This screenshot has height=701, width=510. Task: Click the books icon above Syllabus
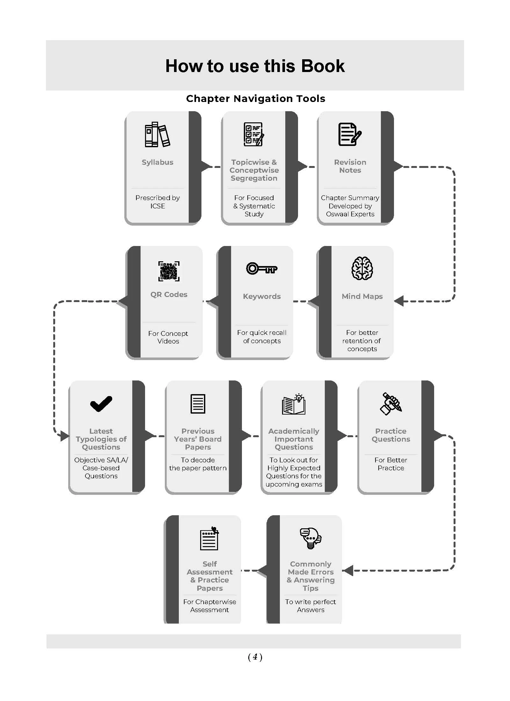157,134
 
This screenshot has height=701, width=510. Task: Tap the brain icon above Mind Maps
362,268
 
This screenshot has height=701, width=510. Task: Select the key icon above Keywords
262,268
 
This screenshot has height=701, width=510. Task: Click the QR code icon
169,271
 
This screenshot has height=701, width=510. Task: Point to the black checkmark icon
101,404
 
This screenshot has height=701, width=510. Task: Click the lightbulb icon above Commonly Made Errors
311,538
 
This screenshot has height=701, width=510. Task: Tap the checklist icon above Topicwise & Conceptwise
254,134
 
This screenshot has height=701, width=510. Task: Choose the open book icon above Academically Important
294,404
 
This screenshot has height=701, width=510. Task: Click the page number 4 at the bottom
255,657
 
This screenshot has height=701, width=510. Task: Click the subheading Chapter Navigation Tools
256,98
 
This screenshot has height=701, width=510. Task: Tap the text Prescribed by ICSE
157,202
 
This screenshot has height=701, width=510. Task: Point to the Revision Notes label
350,166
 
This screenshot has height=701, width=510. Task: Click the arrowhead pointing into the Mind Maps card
399,301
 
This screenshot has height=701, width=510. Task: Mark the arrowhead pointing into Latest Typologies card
65,436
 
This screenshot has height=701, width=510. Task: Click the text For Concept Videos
168,337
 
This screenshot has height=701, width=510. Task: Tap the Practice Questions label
391,435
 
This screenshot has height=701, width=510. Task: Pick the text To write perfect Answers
310,606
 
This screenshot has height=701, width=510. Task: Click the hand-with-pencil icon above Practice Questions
391,404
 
